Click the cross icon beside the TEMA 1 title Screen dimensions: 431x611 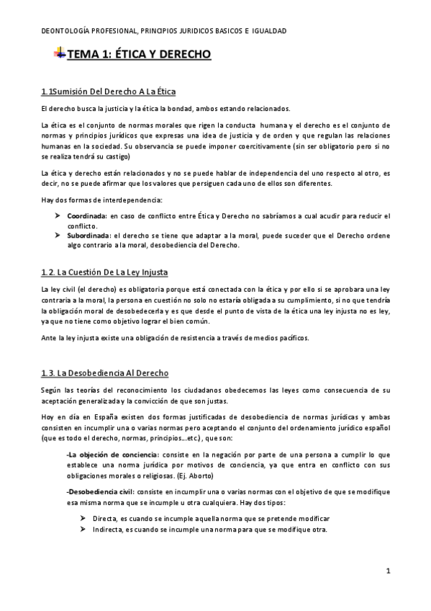pyautogui.click(x=60, y=54)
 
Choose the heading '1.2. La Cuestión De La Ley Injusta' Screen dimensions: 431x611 pyautogui.click(x=104, y=272)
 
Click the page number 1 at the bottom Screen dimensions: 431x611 pyautogui.click(x=387, y=572)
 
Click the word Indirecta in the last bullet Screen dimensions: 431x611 pyautogui.click(x=109, y=530)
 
